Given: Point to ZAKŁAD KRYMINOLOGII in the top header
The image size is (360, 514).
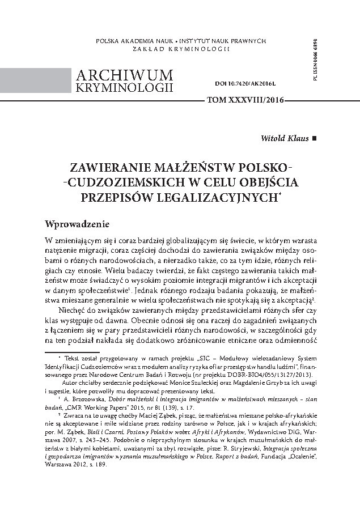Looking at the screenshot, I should click(x=180, y=50).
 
